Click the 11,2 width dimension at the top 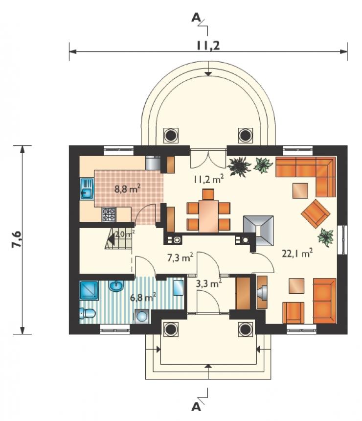pyautogui.click(x=208, y=46)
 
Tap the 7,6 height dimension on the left pyautogui.click(x=17, y=239)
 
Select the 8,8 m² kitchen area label pyautogui.click(x=128, y=189)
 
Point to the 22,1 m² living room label pyautogui.click(x=297, y=253)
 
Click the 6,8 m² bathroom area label pyautogui.click(x=143, y=297)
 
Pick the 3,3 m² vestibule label pyautogui.click(x=208, y=283)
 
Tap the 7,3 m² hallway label pyautogui.click(x=181, y=258)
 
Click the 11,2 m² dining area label pyautogui.click(x=209, y=179)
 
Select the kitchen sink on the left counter pyautogui.click(x=87, y=189)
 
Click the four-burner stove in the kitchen pyautogui.click(x=109, y=214)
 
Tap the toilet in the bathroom pyautogui.click(x=88, y=313)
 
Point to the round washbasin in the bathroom pyautogui.click(x=116, y=285)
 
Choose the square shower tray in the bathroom pyautogui.click(x=89, y=290)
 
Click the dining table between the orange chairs pyautogui.click(x=208, y=216)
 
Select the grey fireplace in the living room pyautogui.click(x=258, y=231)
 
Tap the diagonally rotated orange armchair pyautogui.click(x=316, y=213)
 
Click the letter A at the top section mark pyautogui.click(x=196, y=18)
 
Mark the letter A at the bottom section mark pyautogui.click(x=196, y=407)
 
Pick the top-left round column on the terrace pyautogui.click(x=171, y=135)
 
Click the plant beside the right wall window pyautogui.click(x=325, y=237)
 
